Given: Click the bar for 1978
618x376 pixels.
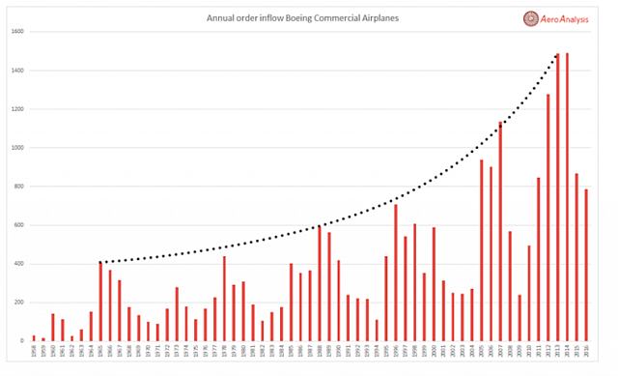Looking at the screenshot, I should tap(224, 299).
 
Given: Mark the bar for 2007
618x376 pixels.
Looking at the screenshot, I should tap(500, 231).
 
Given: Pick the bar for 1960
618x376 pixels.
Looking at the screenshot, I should tap(53, 328).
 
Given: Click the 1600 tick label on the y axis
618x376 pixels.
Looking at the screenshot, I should tap(16, 32).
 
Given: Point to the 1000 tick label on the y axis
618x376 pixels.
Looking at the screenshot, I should tap(16, 148).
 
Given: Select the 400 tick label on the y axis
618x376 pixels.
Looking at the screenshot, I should tap(17, 264).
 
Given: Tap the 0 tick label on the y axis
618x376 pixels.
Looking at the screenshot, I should tap(21, 341).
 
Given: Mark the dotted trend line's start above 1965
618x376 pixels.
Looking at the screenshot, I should tap(101, 262).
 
